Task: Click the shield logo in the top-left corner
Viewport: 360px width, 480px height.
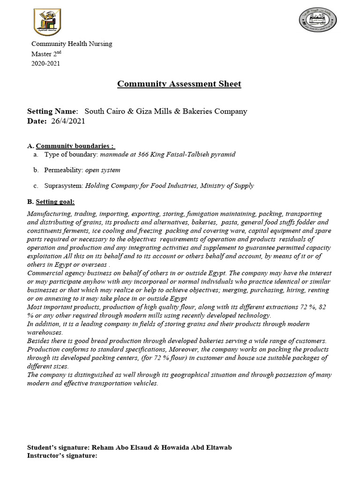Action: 47,22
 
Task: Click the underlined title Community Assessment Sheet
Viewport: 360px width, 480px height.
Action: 179,84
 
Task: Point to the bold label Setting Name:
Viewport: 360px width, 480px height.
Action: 52,112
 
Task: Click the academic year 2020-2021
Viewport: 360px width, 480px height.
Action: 45,64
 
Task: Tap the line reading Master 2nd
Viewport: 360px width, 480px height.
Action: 47,54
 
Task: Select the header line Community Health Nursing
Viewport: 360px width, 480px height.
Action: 71,44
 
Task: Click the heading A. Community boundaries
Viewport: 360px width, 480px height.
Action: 71,145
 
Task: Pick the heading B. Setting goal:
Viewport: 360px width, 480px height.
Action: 51,202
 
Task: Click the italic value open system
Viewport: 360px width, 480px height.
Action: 103,170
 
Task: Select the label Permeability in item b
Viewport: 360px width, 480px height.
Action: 63,170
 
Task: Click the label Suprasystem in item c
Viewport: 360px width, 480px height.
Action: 64,186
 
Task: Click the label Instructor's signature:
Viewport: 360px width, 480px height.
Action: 62,455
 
